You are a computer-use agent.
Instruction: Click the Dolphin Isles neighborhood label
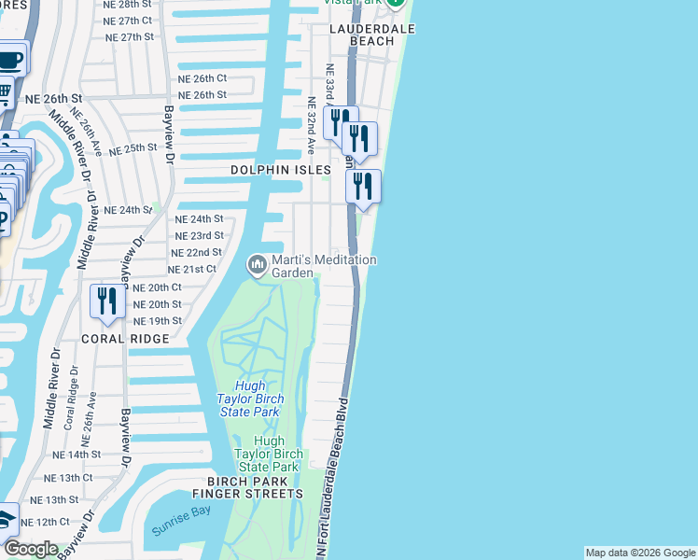[x=281, y=171]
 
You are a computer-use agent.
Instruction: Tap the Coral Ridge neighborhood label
[x=125, y=339]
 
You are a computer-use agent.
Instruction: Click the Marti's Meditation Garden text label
[x=323, y=267]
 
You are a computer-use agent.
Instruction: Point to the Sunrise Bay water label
[x=179, y=531]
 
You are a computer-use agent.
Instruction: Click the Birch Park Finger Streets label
[x=247, y=487]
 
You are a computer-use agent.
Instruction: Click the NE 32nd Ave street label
[x=312, y=125]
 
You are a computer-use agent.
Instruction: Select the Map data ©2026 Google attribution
[x=640, y=553]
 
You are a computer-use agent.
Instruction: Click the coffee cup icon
[x=9, y=61]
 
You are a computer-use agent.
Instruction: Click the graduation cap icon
[x=6, y=519]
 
